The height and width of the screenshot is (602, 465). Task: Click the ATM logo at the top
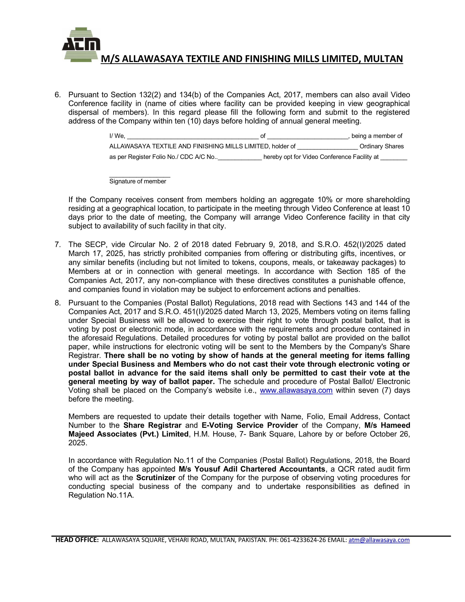click(81, 45)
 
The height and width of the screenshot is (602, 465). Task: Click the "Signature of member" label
click(138, 181)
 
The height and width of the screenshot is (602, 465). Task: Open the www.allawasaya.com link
click(296, 391)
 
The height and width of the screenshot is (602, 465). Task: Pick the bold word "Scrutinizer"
click(156, 478)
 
